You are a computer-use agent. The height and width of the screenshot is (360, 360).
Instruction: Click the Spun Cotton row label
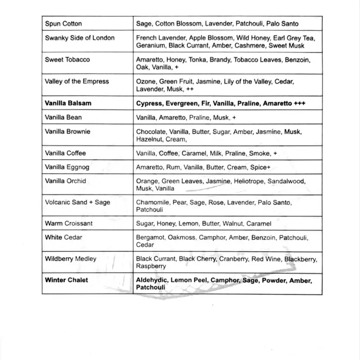point(63,23)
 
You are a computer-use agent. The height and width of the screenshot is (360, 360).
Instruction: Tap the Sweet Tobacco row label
point(67,59)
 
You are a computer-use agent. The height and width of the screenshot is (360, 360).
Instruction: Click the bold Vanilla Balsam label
point(68,103)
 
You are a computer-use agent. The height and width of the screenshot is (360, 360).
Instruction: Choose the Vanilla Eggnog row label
point(67,167)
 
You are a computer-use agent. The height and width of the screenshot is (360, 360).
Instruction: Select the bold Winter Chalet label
point(67,280)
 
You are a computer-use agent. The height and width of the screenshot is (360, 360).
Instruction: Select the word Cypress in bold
point(148,103)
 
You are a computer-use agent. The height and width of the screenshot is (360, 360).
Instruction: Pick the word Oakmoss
point(182,238)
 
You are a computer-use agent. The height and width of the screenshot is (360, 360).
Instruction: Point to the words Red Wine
point(269,259)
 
